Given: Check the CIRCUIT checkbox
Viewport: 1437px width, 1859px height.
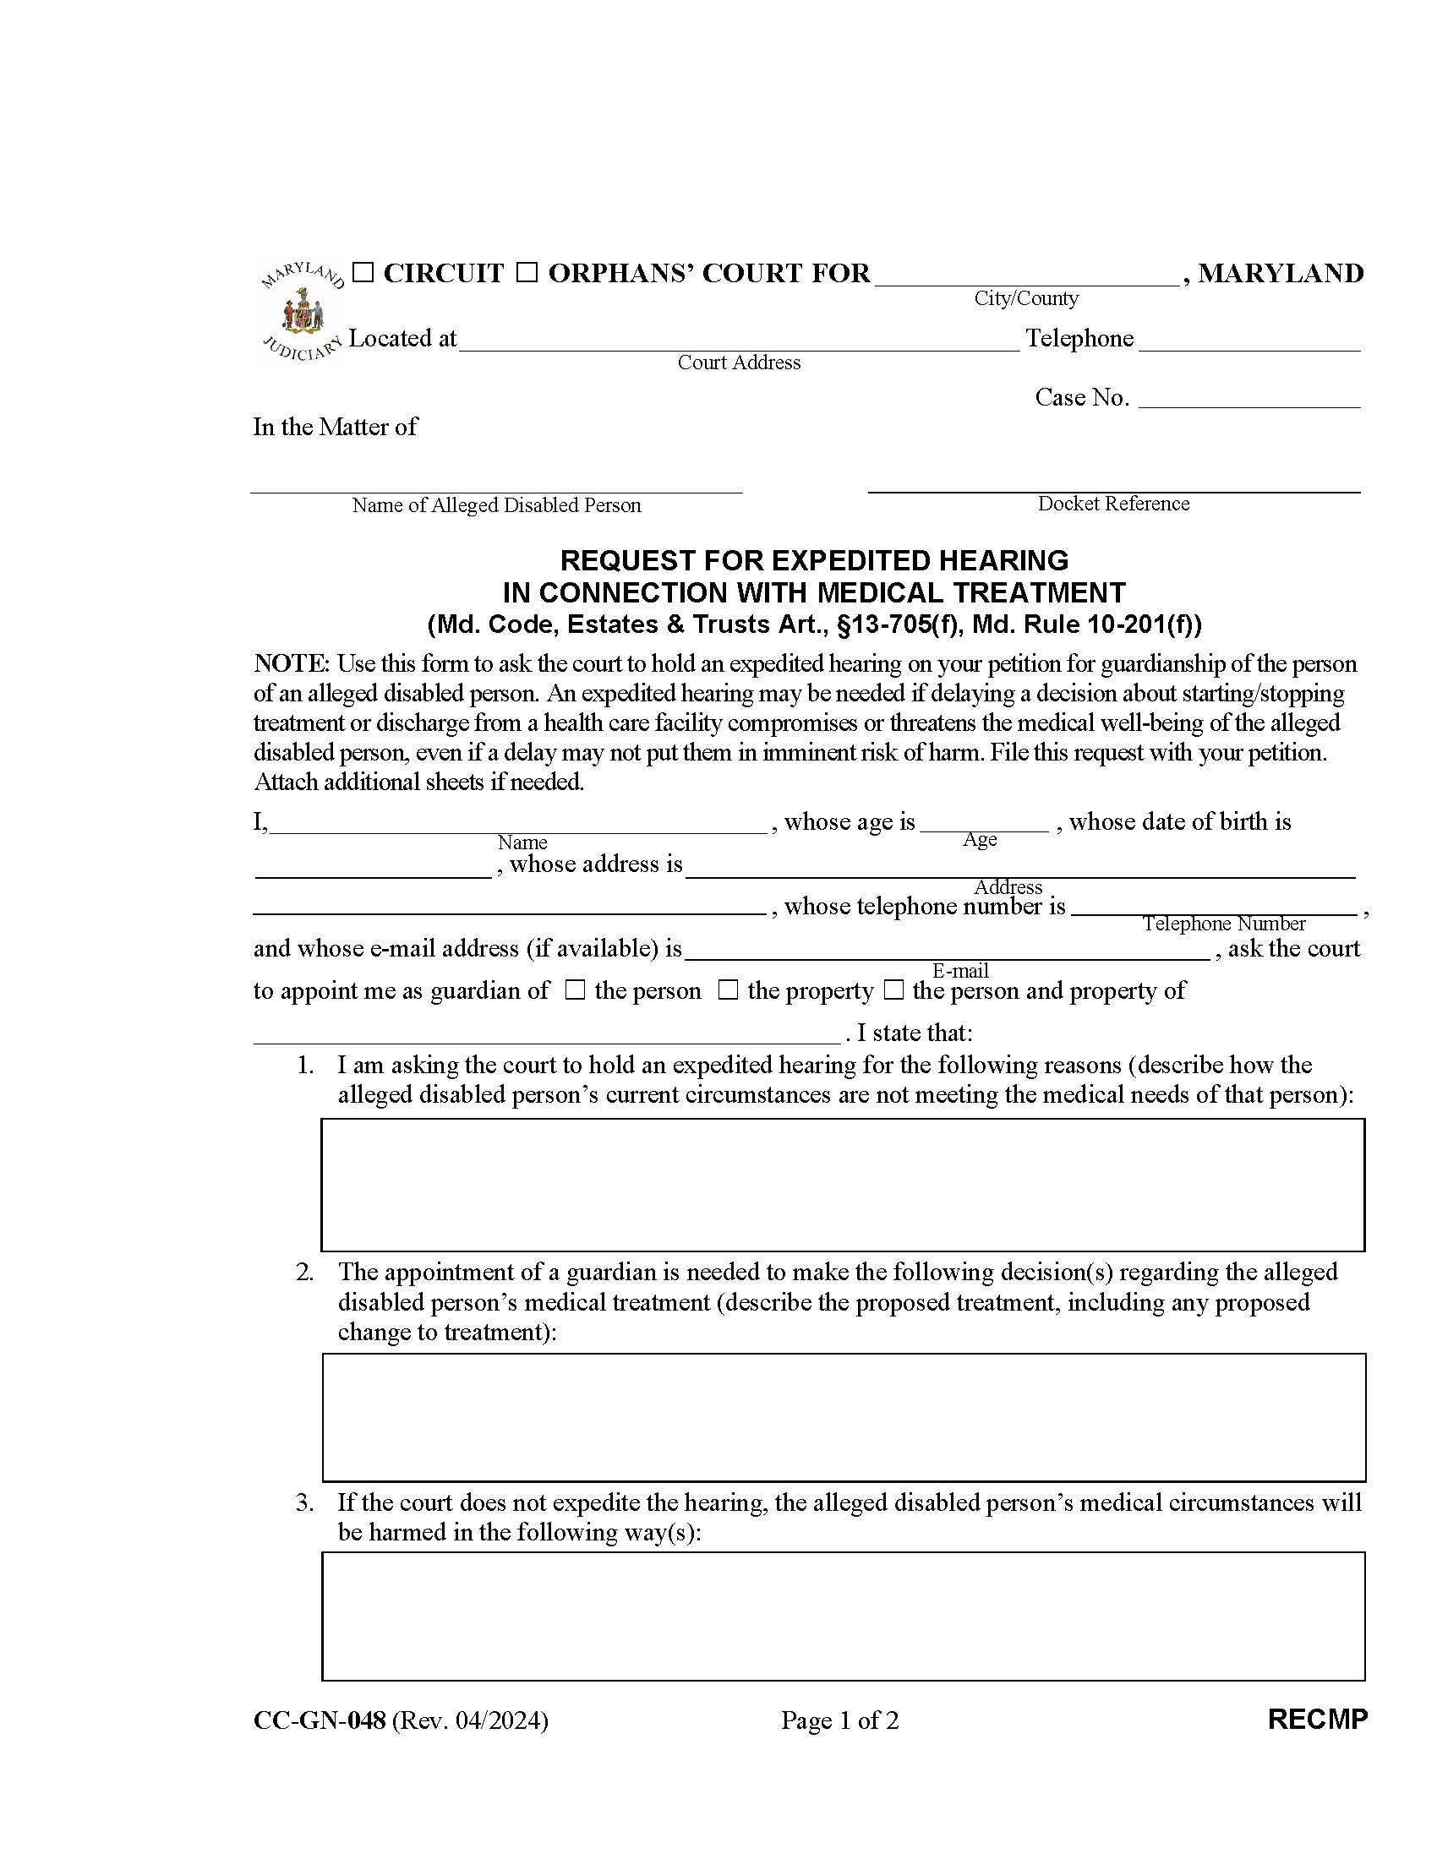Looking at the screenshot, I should [x=363, y=273].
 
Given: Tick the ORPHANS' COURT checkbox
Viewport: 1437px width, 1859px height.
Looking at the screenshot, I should [x=527, y=273].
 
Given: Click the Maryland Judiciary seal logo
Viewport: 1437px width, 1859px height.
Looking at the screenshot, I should [x=303, y=313].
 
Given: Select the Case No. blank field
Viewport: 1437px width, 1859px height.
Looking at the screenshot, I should [x=1248, y=398].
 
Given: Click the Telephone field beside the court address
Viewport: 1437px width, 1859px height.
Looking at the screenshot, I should [x=1248, y=341].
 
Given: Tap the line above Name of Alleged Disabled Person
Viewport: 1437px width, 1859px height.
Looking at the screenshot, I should [x=496, y=482].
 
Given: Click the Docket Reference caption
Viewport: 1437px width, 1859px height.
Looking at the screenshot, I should [x=1112, y=504].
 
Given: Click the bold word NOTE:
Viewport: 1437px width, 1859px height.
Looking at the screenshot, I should [x=291, y=663].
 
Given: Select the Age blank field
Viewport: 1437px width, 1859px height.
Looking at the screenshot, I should [x=983, y=821].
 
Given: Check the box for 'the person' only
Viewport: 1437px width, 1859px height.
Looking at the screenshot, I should [x=576, y=990].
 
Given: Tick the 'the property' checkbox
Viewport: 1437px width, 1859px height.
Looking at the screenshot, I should [x=728, y=990].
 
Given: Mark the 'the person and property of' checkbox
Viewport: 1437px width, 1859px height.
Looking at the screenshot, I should [x=893, y=990].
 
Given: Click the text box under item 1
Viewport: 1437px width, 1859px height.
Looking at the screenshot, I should [x=842, y=1184].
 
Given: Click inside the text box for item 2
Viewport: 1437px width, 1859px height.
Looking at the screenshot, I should [x=844, y=1417].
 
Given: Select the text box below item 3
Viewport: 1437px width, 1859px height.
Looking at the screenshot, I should [x=843, y=1616].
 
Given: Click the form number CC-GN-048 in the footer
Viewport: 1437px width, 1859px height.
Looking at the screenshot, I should [x=320, y=1720].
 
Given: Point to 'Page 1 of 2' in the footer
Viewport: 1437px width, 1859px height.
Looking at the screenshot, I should [x=839, y=1720].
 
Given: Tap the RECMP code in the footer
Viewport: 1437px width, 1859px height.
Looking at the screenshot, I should [x=1316, y=1720].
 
